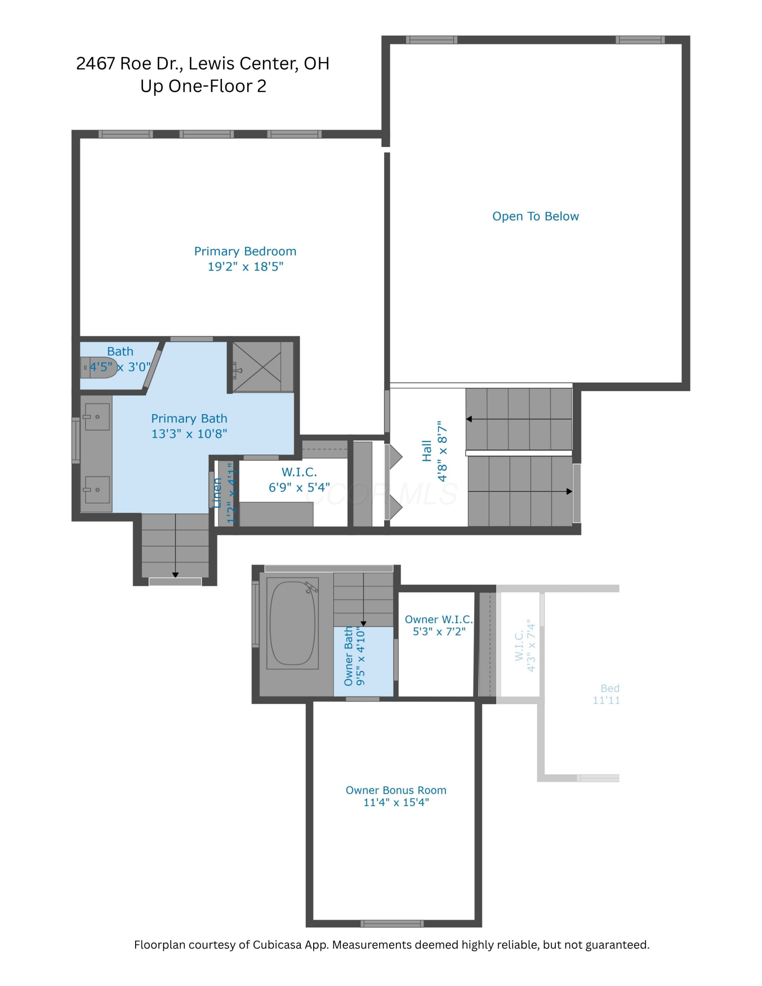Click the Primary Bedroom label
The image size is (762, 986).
(x=245, y=251)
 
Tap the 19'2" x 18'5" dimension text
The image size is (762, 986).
(x=245, y=267)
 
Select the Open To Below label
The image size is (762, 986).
(x=535, y=216)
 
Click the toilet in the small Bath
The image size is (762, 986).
(x=99, y=367)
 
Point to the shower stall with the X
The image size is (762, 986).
(x=257, y=367)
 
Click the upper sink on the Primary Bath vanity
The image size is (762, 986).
(x=97, y=417)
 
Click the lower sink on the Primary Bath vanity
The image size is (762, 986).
(x=97, y=490)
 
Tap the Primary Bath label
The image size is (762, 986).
(x=189, y=419)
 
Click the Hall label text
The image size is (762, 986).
(x=427, y=451)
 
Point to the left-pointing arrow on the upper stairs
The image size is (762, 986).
(x=470, y=419)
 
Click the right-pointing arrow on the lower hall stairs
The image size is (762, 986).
(x=569, y=492)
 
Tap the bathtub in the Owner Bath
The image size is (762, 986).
(x=292, y=623)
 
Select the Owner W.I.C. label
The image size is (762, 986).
(x=438, y=620)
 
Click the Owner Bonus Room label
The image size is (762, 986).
(x=396, y=790)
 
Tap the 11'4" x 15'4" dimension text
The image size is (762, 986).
(x=396, y=803)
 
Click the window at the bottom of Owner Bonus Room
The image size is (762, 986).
(x=392, y=923)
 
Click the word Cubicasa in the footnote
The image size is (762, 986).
(x=276, y=945)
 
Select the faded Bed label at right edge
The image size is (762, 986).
(x=610, y=688)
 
